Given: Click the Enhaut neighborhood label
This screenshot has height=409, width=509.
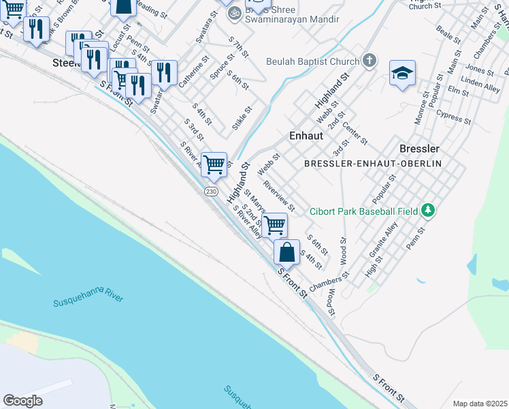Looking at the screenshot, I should pyautogui.click(x=306, y=136).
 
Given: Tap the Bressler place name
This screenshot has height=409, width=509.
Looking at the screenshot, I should pyautogui.click(x=419, y=148).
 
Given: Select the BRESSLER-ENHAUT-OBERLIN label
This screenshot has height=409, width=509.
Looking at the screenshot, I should pyautogui.click(x=373, y=164).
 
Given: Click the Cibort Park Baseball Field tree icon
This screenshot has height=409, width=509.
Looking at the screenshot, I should pyautogui.click(x=428, y=210).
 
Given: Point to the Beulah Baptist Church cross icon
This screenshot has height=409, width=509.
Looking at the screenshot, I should pyautogui.click(x=369, y=61).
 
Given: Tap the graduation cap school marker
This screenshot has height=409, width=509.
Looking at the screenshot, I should pyautogui.click(x=402, y=74).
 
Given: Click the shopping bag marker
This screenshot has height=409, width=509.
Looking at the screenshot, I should pyautogui.click(x=286, y=252).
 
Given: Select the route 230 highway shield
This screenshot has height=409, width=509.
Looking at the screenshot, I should pyautogui.click(x=211, y=192).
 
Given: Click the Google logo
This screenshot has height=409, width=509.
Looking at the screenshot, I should pyautogui.click(x=23, y=401).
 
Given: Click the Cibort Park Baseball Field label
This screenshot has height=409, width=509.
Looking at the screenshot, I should pyautogui.click(x=363, y=211).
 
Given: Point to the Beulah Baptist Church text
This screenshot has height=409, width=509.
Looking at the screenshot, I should pyautogui.click(x=312, y=62).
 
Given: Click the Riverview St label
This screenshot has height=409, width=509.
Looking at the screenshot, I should pyautogui.click(x=279, y=196).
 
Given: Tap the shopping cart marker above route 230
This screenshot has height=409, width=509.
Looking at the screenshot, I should pyautogui.click(x=214, y=164).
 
